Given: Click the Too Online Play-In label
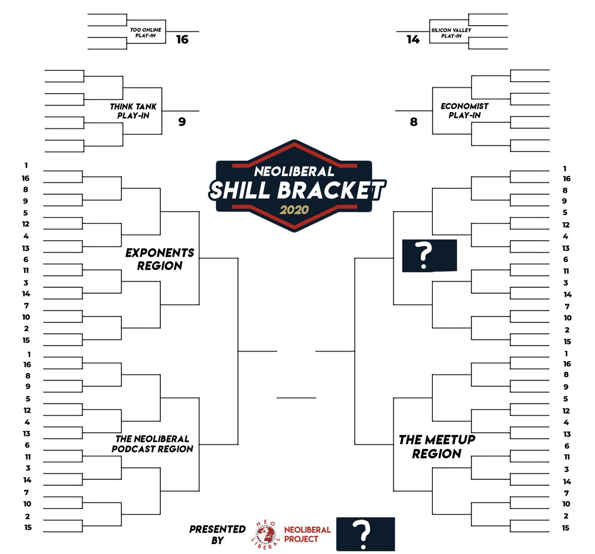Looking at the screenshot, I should point(145,33).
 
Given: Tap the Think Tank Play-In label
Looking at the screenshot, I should point(133,111).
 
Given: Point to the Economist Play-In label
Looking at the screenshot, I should point(464,111).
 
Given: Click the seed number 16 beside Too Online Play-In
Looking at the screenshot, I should point(182,39).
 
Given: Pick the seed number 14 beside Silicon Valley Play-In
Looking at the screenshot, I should point(413,39).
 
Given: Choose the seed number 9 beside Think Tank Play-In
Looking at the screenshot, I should point(182,121).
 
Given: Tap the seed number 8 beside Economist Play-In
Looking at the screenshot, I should point(414,121).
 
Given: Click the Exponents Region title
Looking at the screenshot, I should point(160,259).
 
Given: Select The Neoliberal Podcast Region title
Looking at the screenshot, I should point(152,443).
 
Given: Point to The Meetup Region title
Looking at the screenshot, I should point(437,446).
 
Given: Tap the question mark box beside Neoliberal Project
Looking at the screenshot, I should point(365,534).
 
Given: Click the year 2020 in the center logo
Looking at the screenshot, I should point(294,209).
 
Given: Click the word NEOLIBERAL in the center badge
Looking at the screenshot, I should point(294,171).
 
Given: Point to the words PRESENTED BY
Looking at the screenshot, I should point(217,534).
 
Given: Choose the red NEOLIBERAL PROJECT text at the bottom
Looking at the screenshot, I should point(307,534).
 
